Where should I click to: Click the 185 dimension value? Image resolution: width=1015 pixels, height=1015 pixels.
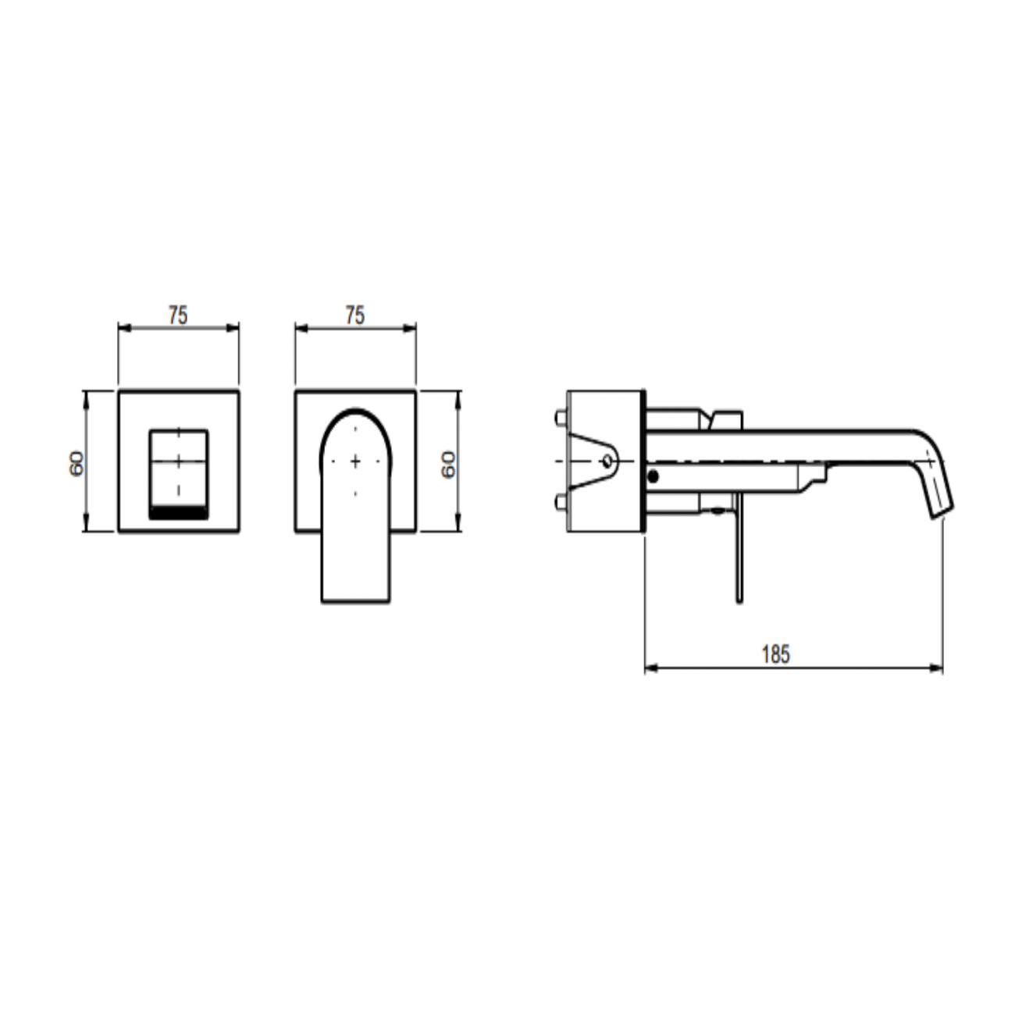coord(775,654)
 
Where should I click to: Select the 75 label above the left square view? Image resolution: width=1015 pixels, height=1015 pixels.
coord(178,315)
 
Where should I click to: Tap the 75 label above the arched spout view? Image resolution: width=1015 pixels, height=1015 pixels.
coord(354,315)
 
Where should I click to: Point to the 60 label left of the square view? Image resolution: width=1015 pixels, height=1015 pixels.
coord(77,463)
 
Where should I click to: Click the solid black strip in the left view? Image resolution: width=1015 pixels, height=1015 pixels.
coord(178,512)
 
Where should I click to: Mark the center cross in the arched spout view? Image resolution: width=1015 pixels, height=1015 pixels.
coord(355,461)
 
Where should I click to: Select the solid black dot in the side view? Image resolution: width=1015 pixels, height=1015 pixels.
coord(653,476)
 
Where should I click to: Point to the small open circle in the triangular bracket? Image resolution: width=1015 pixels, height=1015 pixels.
coord(607,461)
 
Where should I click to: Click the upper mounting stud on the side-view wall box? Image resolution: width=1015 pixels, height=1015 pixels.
coord(559,418)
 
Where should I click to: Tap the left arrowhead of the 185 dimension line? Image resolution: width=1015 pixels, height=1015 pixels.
coord(650,668)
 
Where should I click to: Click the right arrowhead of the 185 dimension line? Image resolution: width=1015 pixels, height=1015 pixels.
coord(938,668)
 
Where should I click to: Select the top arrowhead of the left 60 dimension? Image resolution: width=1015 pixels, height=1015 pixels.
coord(86,395)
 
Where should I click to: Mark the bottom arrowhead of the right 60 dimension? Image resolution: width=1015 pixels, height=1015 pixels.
coord(458,527)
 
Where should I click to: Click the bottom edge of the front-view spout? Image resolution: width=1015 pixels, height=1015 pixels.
coord(355,602)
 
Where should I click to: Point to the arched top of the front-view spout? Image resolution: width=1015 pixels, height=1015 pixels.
coord(355,410)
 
